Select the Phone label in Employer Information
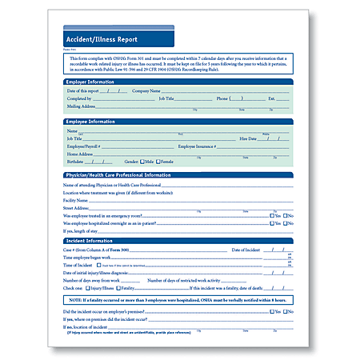tap(223, 98)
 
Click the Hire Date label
tap(247, 138)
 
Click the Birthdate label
tap(76, 161)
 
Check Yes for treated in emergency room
tap(271, 215)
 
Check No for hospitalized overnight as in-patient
tap(286, 222)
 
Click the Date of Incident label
tap(246, 250)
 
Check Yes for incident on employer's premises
tap(271, 310)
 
